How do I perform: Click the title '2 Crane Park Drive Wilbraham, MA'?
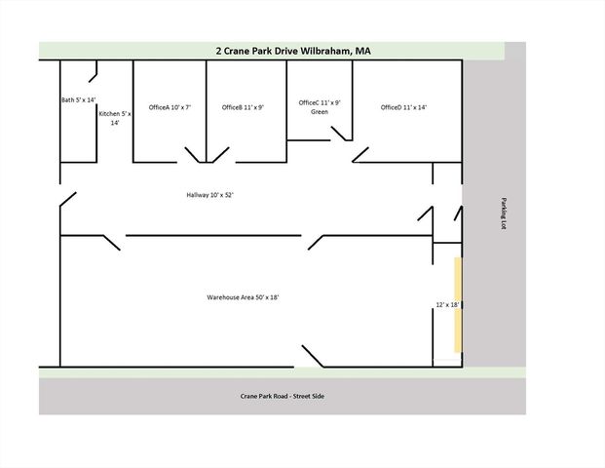pos(292,51)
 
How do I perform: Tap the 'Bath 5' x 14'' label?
pos(78,99)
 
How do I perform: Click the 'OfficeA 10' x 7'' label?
pos(170,107)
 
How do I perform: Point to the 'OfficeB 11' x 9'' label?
pos(243,107)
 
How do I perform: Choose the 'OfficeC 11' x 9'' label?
pos(319,102)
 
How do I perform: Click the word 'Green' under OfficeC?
pos(319,112)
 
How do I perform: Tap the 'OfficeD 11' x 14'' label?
pos(404,107)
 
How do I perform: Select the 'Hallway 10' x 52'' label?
pos(209,195)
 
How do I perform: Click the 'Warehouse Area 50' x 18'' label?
pos(243,296)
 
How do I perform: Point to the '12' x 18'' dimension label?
pos(447,305)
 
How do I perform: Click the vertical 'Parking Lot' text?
pos(504,214)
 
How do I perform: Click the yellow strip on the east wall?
pos(457,304)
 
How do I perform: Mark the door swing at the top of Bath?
pos(94,72)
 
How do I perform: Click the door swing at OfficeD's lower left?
pos(360,154)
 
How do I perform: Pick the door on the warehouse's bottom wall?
pos(313,356)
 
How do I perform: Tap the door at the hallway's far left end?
pos(67,201)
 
